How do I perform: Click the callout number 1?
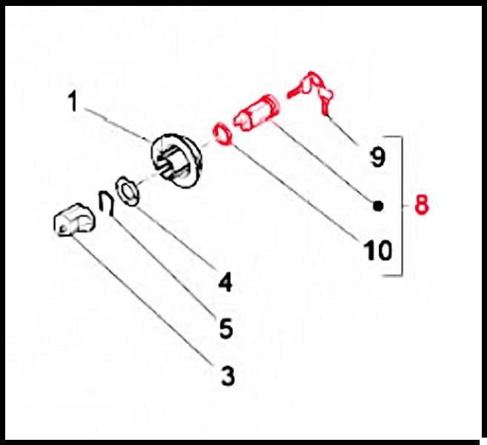coord(73,101)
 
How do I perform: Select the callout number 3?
coord(228,376)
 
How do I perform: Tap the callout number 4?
coord(226,282)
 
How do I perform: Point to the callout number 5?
coord(226,329)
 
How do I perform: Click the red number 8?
coord(422,205)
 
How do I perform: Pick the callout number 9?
coord(378,157)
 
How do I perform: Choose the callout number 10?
coord(378,250)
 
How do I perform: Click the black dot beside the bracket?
coord(378,206)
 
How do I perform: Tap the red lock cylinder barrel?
coord(257,113)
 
